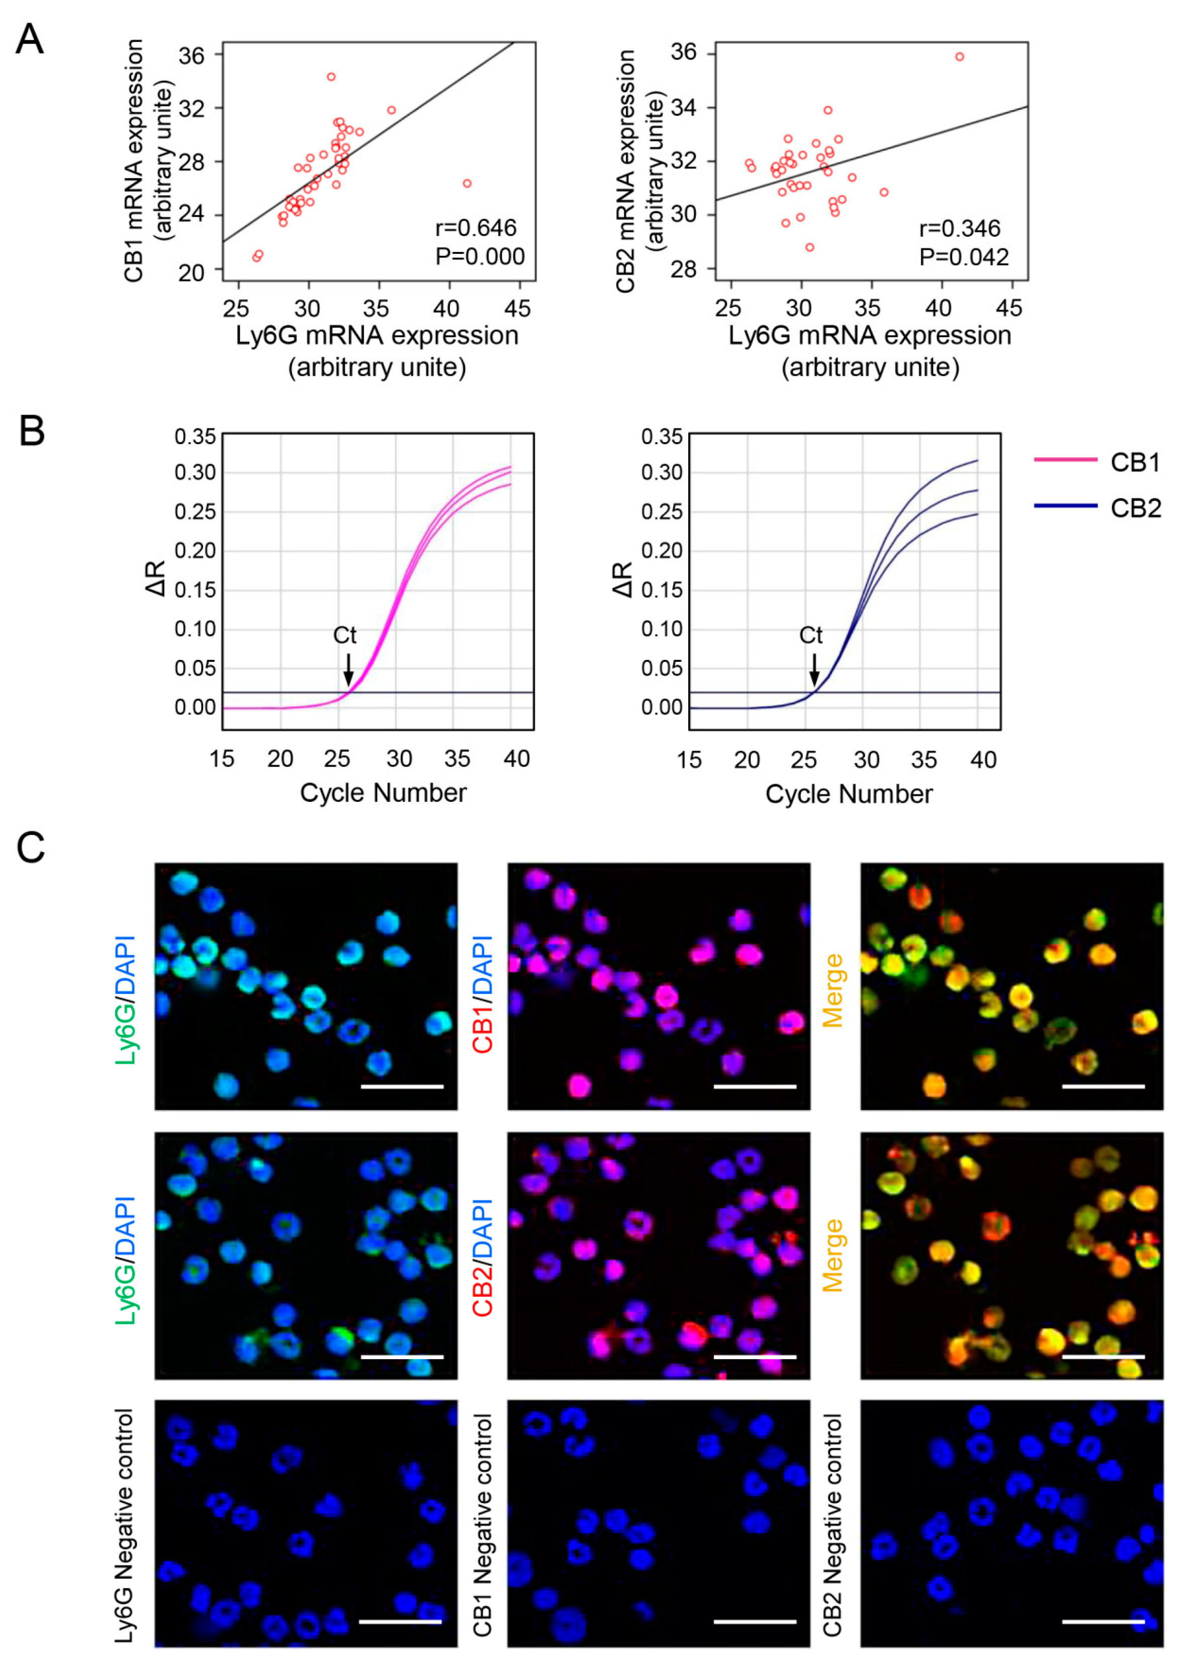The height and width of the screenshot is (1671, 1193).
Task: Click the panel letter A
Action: pos(29,40)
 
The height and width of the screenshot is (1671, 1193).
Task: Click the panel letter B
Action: pos(32,432)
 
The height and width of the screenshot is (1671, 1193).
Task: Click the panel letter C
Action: pos(31,847)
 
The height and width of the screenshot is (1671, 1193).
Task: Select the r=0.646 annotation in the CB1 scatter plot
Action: pos(475,228)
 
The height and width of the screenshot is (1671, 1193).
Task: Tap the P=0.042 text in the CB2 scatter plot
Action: pos(964,257)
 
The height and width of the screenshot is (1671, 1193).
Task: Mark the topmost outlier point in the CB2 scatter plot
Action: pos(959,56)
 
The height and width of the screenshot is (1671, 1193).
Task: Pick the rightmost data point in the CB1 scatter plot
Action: pos(467,184)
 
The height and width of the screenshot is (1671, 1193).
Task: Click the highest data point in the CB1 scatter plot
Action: pos(331,76)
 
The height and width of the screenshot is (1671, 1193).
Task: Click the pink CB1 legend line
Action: pos(1065,460)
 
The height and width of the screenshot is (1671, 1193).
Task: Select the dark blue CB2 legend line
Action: pos(1065,506)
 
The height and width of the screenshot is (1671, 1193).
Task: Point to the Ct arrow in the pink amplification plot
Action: pos(348,668)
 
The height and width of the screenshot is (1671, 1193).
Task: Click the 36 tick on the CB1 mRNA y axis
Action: pos(192,56)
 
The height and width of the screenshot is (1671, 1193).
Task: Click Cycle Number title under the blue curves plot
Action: pos(849,794)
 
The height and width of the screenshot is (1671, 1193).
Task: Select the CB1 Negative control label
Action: pos(483,1525)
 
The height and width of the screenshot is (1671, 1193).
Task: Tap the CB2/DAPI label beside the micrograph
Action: pos(483,1258)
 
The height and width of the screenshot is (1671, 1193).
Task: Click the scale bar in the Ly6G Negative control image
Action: pos(400,1621)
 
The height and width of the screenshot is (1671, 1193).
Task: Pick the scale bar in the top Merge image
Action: pos(1104,1085)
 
